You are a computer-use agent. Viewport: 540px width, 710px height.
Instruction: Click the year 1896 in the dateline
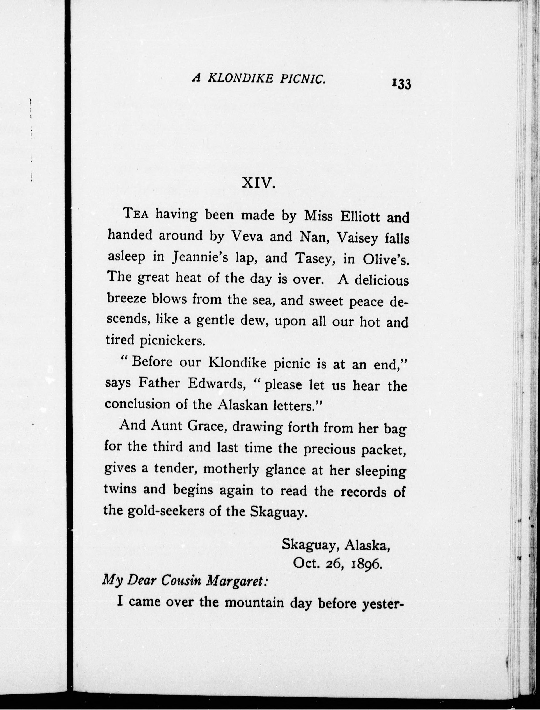(x=367, y=564)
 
